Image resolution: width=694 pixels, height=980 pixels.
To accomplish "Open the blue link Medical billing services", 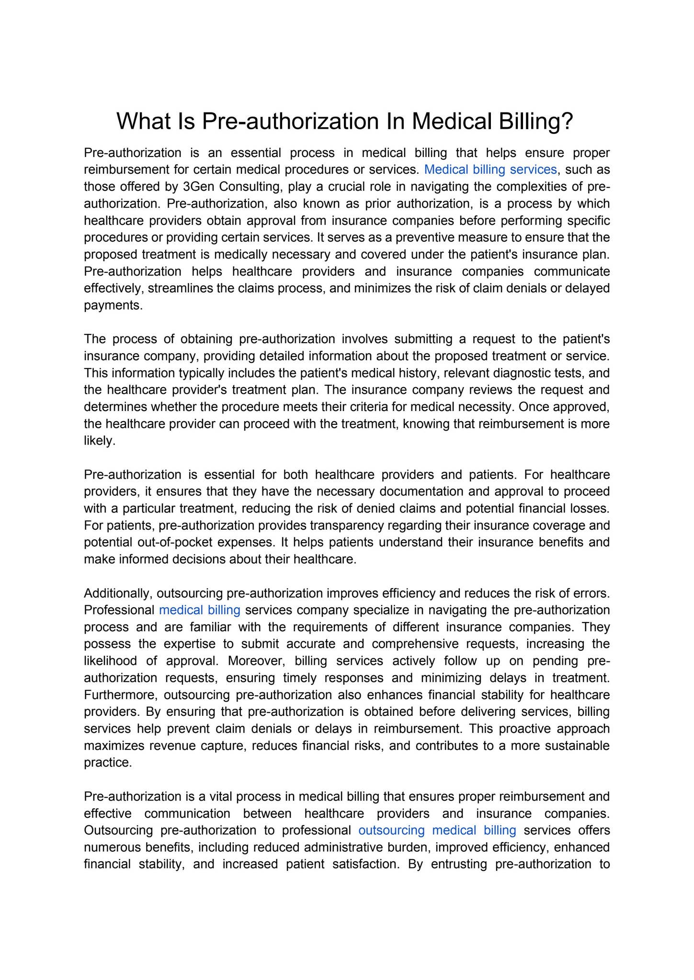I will [490, 169].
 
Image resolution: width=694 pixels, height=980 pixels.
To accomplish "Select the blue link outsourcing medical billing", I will [437, 830].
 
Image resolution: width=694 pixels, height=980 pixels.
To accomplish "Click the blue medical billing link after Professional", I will [199, 610].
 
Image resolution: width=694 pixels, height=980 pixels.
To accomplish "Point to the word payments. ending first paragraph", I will [114, 305].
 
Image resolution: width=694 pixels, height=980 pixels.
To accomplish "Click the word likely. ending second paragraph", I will [100, 441].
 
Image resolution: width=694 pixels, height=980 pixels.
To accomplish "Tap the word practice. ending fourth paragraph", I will [108, 763].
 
